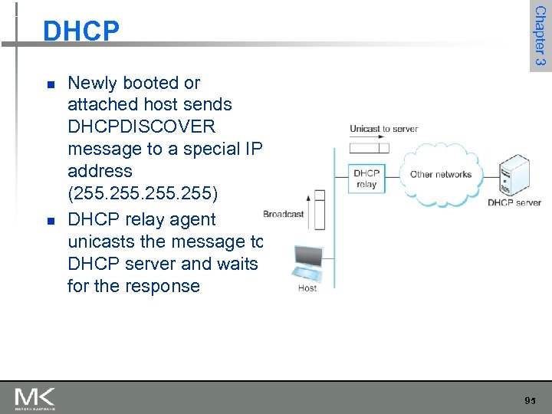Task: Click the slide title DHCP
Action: [x=81, y=31]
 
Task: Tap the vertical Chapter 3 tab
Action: [x=540, y=36]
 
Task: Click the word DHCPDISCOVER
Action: [x=142, y=127]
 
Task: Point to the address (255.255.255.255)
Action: [x=144, y=193]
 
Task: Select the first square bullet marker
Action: [x=51, y=84]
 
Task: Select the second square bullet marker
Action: [x=51, y=221]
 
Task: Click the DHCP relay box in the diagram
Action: [x=366, y=179]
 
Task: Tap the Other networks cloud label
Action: [x=440, y=174]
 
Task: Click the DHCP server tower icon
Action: [x=514, y=176]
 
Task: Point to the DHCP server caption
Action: [x=514, y=202]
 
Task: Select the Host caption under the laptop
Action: [x=307, y=288]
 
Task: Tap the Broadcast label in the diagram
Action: [x=283, y=214]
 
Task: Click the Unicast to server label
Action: [x=383, y=129]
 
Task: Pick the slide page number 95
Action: [x=530, y=401]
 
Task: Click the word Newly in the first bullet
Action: [x=93, y=83]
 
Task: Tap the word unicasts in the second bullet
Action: [x=103, y=242]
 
